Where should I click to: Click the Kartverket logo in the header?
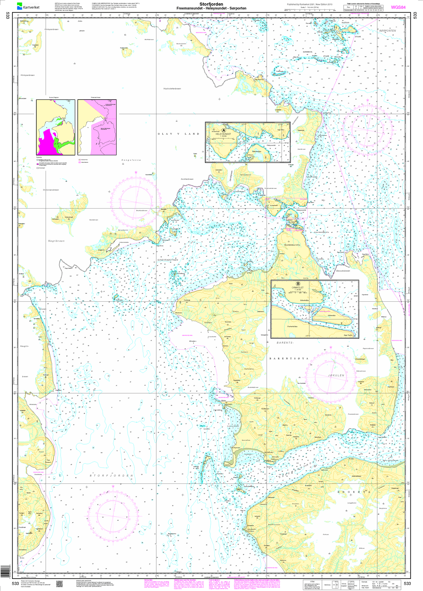coord(28,6)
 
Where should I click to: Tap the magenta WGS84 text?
coord(398,7)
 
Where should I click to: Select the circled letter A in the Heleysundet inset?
coord(224,130)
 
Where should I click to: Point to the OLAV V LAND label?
coord(179,134)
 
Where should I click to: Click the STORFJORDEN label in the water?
coord(111,475)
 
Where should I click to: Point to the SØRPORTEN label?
coord(387,30)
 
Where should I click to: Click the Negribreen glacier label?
coord(56,241)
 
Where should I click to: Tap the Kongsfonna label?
coord(131,160)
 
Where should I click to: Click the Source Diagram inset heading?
coord(55,98)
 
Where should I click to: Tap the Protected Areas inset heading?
coord(97,98)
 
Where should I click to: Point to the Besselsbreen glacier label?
coord(343,271)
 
